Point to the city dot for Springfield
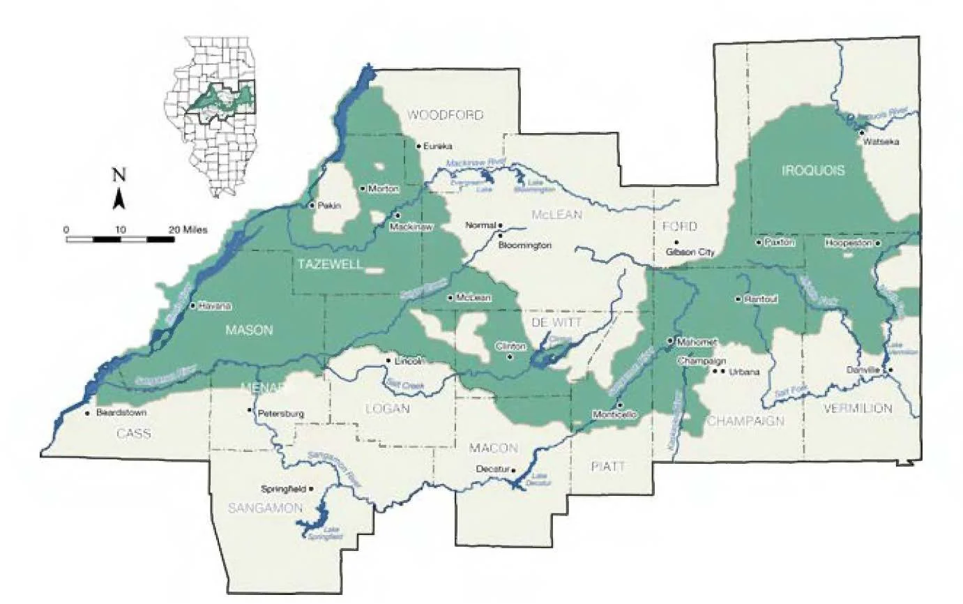pos(312,489)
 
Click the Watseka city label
pos(880,142)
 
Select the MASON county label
pos(248,331)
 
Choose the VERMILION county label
pos(857,408)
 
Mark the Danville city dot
pos(890,370)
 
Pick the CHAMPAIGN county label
pos(745,421)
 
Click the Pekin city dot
pos(312,205)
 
